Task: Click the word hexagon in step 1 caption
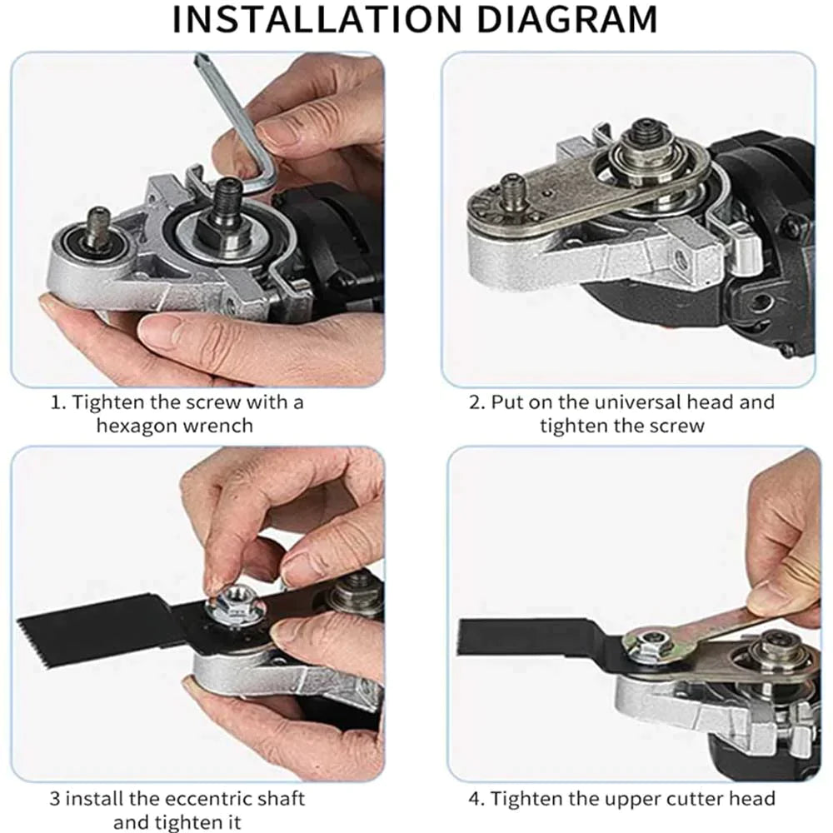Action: click(x=137, y=425)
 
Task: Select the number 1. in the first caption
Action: click(x=58, y=402)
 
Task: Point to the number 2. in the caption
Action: click(x=476, y=402)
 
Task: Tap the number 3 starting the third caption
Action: click(x=55, y=799)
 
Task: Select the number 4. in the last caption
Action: click(x=476, y=799)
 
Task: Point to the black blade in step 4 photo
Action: click(x=533, y=637)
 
